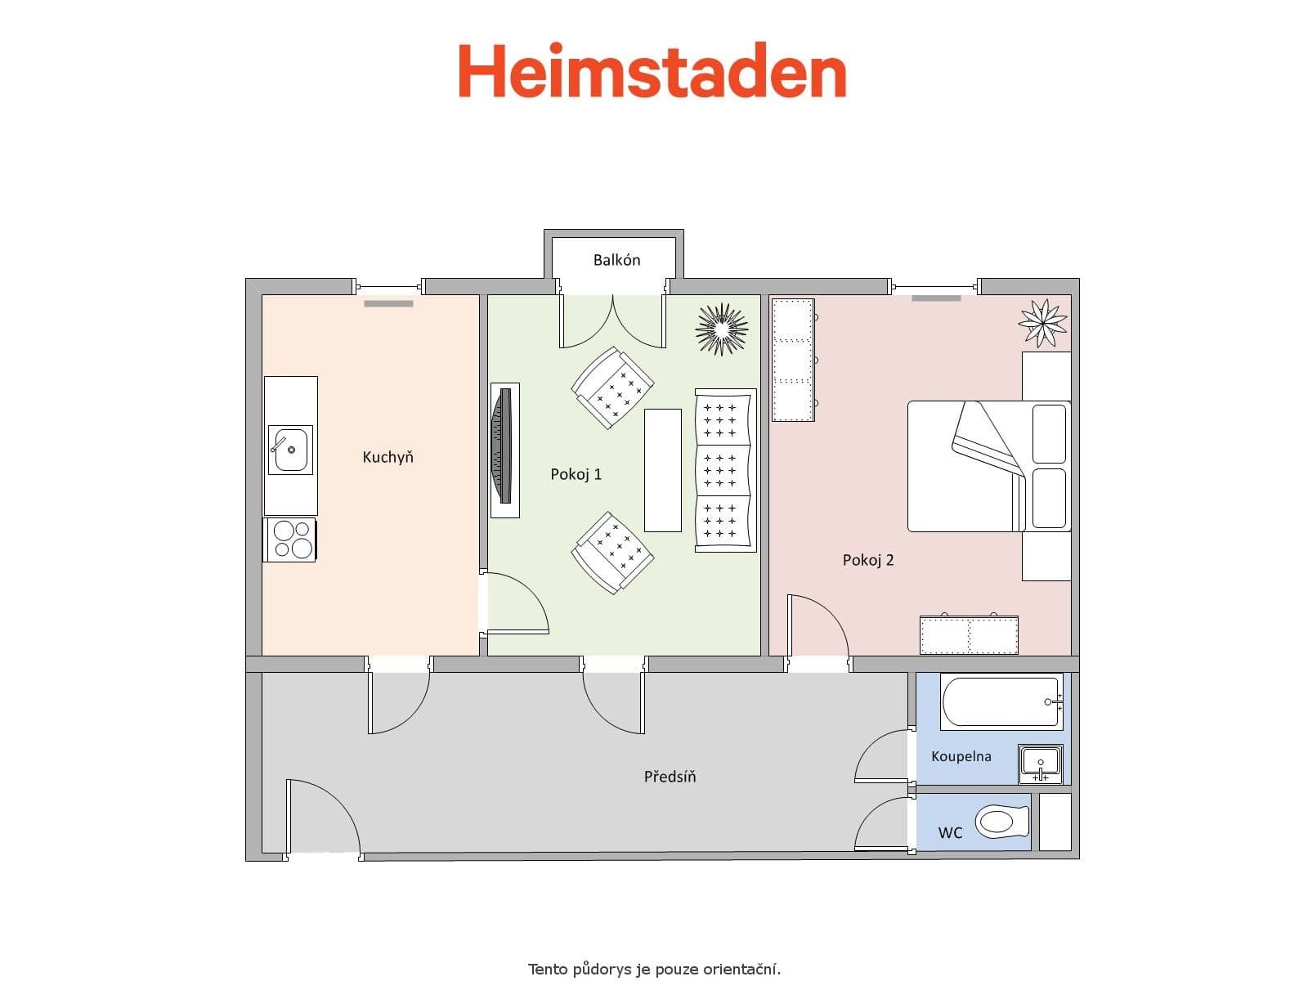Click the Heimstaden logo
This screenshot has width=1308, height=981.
pos(652,71)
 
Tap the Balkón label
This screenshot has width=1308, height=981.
pos(616,260)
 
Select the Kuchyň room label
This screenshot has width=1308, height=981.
pos(387,457)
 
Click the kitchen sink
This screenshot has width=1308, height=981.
pos(290,450)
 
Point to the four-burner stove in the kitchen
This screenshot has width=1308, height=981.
pos(290,540)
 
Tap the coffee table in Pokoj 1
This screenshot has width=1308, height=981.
pos(662,470)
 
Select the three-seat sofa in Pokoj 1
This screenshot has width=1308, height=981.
pos(724,470)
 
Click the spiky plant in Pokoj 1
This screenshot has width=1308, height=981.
pos(721,329)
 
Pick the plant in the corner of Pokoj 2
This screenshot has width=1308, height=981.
pos(1042,322)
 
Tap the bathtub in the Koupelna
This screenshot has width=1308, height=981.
pos(1001,701)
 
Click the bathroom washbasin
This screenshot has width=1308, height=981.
pos(1040,764)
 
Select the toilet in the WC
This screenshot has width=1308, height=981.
pos(1002,821)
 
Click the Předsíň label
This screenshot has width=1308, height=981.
pos(670,777)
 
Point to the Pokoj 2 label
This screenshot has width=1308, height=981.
pos(868,560)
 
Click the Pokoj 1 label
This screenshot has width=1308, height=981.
pos(576,474)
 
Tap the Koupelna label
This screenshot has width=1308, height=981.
pos(961,756)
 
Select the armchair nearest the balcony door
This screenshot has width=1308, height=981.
pos(613,387)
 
